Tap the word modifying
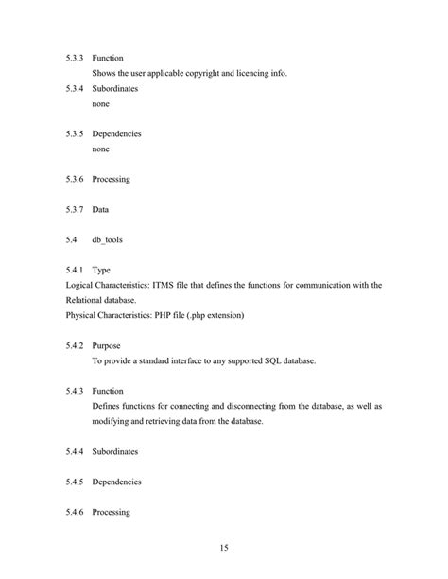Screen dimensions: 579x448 pos(114,421)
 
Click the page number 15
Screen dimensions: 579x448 pos(223,548)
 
